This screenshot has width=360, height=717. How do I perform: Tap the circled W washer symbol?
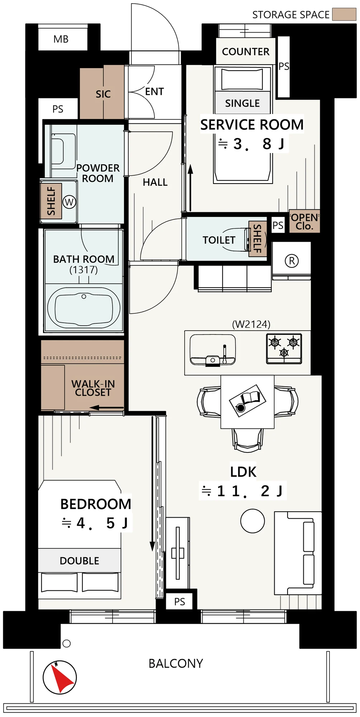point(69,202)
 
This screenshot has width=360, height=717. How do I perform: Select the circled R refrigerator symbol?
point(292,261)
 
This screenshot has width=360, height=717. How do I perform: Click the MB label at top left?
point(61,39)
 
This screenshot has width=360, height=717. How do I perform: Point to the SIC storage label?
point(103,94)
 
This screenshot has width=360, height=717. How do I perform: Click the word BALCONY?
point(176,664)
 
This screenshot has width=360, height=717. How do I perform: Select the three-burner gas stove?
point(284,348)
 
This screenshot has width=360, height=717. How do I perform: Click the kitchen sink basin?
point(213,349)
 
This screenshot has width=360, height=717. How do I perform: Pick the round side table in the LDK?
point(252,521)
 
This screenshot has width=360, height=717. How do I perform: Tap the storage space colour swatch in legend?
point(344,14)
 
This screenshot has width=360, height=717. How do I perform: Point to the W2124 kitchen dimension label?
point(251,324)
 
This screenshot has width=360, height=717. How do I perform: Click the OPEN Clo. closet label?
point(304,222)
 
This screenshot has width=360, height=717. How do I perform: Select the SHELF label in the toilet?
point(257,238)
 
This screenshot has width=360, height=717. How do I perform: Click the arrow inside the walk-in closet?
point(106,408)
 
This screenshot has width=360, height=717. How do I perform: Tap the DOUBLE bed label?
point(79,561)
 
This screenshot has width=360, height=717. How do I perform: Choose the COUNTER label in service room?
point(246,52)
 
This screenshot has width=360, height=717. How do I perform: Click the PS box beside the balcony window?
point(180,602)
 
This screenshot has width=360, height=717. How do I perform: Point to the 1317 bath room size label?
point(84,270)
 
